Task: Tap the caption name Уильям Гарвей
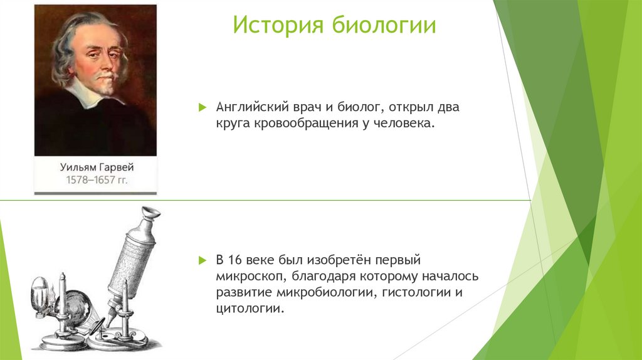pos(97,168)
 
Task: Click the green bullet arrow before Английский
pos(203,107)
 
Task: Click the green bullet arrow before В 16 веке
pos(203,260)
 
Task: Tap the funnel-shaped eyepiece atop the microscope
pos(149,216)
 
